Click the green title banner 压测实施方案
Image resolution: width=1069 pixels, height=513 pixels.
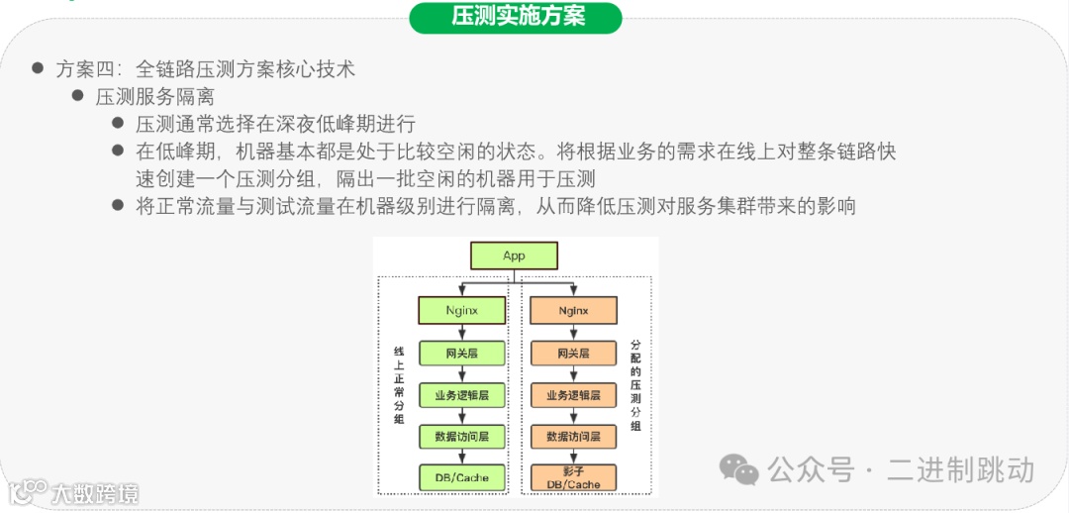tap(516, 18)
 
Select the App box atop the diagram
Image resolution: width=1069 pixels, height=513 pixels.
tap(514, 256)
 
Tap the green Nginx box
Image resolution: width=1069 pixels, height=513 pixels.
tap(461, 310)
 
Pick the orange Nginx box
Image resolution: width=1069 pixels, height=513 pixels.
tap(573, 310)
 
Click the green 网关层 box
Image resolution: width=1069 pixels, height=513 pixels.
tap(461, 354)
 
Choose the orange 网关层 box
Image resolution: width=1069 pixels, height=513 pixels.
tap(573, 354)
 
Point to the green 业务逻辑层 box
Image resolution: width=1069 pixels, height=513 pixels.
tap(461, 395)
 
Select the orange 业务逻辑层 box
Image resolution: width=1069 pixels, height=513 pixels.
tap(573, 395)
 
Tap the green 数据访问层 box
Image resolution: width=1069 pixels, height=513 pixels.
tap(461, 436)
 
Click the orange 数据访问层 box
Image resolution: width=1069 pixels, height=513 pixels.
tap(573, 436)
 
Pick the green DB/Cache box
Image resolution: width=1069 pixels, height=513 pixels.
tap(461, 477)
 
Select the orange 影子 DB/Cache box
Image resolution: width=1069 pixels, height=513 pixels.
tap(573, 477)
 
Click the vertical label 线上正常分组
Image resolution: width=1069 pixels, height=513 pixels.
tap(399, 386)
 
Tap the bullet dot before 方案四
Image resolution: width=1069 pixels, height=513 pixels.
tap(38, 68)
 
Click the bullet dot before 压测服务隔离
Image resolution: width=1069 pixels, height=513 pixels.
tap(78, 96)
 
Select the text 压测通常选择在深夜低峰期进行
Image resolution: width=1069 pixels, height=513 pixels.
tap(275, 124)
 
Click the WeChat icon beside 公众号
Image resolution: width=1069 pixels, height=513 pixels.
tap(738, 468)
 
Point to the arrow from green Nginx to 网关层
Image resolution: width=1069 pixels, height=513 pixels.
tap(461, 332)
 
